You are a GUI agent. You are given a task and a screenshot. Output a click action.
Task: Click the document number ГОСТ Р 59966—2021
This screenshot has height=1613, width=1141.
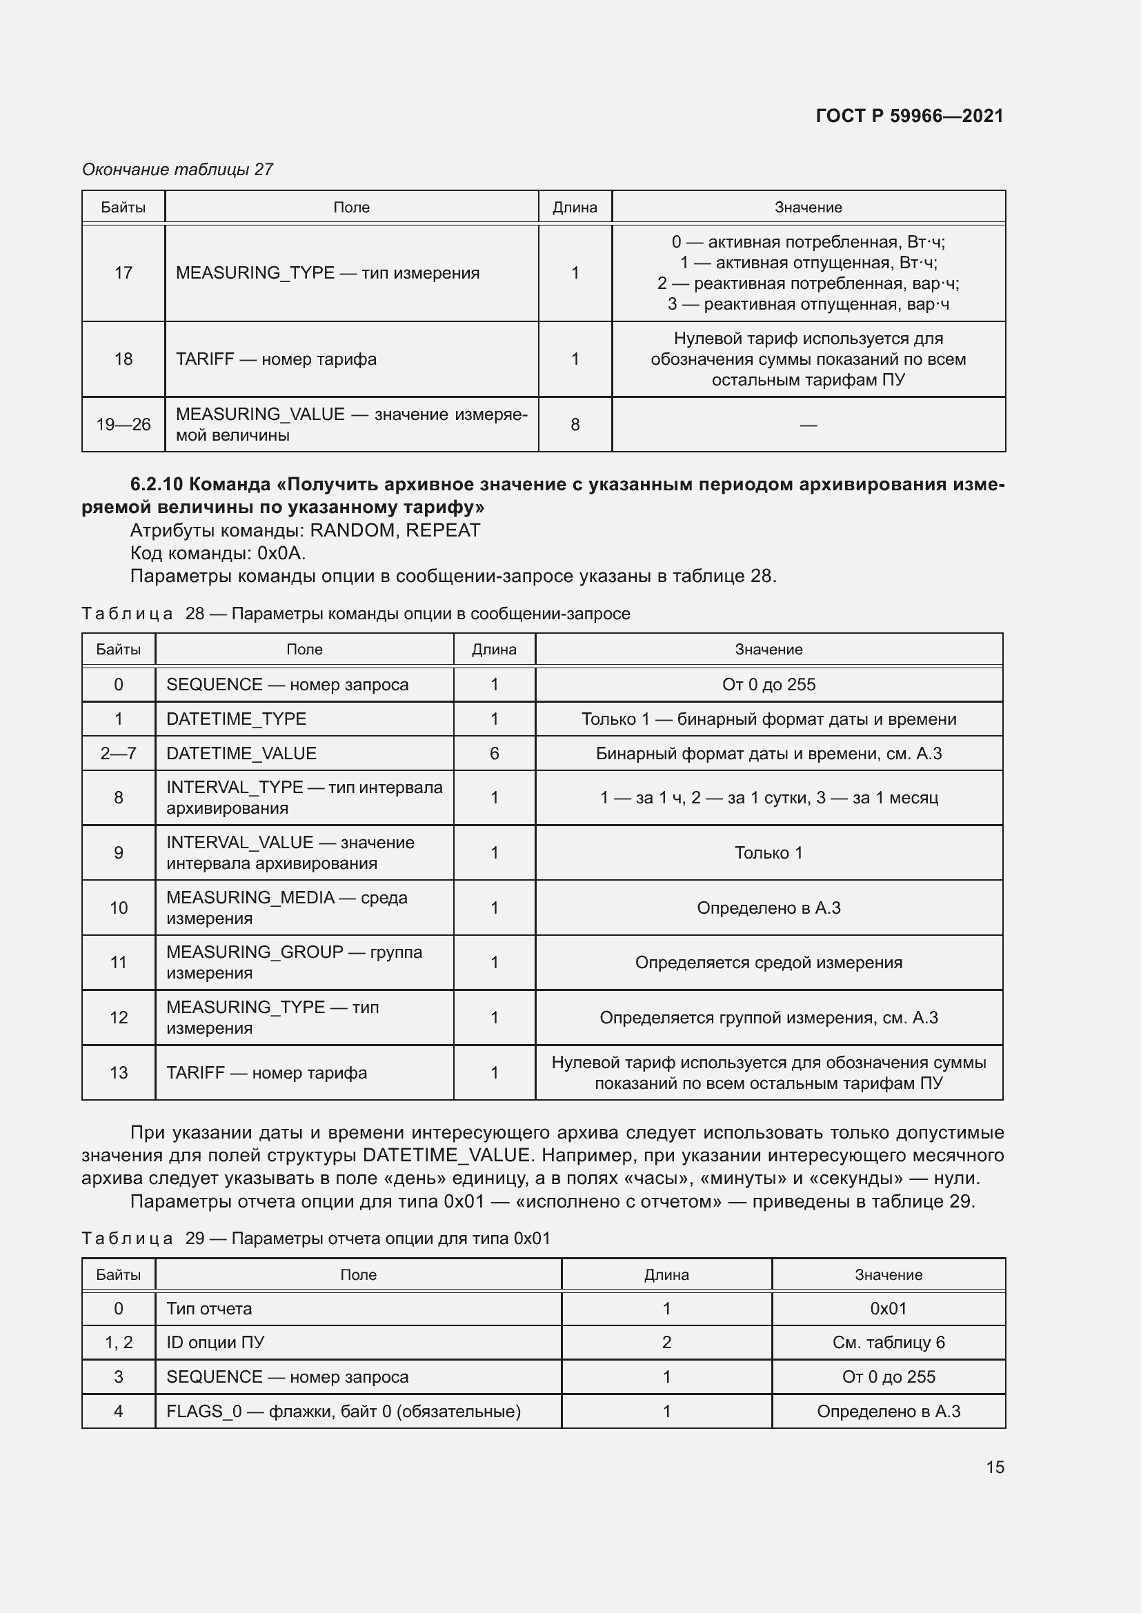point(909,116)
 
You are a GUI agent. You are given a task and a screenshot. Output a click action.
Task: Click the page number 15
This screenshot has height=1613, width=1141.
point(994,1467)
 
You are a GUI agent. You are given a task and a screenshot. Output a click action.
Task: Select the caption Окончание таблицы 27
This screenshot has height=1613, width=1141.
point(177,170)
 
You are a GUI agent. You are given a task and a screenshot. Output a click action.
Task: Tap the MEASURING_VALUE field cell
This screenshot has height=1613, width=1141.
point(350,424)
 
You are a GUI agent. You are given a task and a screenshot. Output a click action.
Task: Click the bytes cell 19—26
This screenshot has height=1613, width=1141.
point(123,424)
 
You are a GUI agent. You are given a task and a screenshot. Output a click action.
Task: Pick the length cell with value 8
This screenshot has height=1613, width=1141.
point(575,424)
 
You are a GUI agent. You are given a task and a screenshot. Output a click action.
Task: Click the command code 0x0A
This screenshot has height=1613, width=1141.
point(280,553)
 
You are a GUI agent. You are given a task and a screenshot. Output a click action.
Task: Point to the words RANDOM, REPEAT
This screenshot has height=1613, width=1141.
point(395,530)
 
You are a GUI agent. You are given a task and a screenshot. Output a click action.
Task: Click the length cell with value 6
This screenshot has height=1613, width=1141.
point(494,753)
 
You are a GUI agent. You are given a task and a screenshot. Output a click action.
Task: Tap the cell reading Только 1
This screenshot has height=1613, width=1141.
point(768,852)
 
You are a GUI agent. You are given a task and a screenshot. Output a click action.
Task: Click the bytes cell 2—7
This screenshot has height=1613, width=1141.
point(118,753)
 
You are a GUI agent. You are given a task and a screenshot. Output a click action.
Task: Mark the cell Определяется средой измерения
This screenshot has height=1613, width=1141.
point(768,962)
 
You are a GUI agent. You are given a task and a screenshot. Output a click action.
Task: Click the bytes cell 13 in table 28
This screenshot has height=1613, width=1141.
point(118,1072)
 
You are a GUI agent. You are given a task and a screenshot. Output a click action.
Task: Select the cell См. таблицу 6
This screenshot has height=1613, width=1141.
point(888,1342)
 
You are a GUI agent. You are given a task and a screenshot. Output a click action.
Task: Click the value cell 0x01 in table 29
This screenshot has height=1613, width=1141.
point(888,1308)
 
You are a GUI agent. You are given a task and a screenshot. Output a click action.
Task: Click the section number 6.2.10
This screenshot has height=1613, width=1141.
point(156,484)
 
